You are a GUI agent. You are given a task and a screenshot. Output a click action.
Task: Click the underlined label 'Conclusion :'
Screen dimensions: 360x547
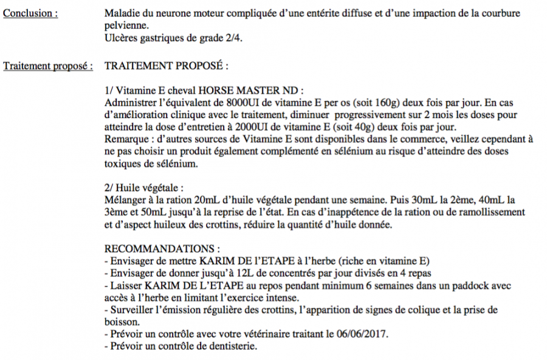tap(31, 13)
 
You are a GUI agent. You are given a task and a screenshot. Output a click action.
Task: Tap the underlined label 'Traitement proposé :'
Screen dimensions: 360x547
tap(48, 65)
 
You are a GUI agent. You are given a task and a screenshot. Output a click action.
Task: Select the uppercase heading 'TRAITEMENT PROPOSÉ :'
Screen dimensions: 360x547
tap(167, 65)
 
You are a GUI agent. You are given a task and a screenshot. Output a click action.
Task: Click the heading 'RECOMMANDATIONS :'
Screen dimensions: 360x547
tap(162, 249)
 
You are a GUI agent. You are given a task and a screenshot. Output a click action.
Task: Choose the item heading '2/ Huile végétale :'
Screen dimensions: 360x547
tap(144, 187)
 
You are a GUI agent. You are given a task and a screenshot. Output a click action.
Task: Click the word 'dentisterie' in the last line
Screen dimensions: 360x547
tap(233, 347)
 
